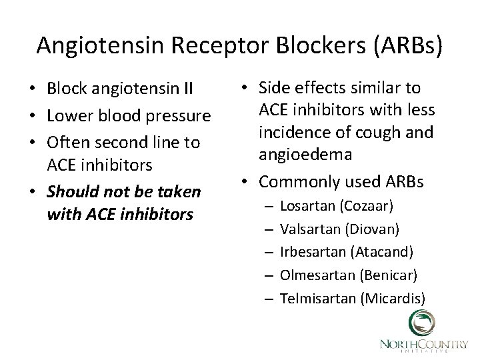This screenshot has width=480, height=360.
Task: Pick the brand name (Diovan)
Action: (x=372, y=229)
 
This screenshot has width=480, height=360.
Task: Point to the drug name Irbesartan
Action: (x=312, y=253)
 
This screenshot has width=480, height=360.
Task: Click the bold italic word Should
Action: (x=69, y=193)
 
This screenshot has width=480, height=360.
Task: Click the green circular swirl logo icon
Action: (x=420, y=324)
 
